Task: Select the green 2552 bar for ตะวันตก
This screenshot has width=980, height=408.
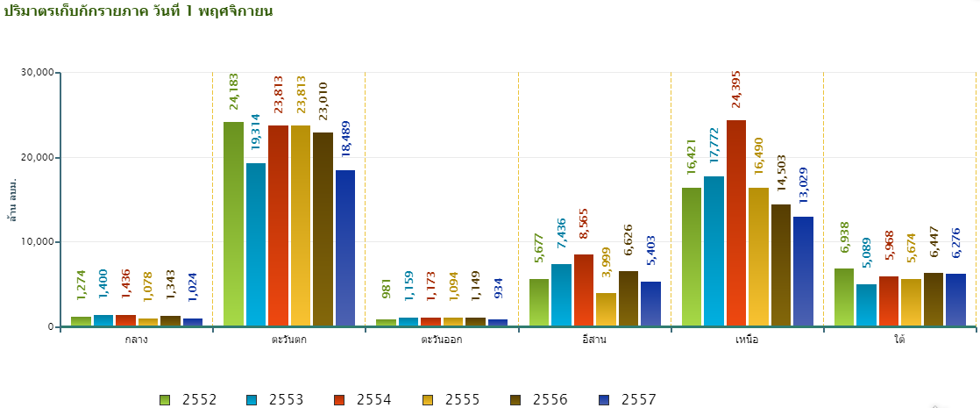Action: (234, 224)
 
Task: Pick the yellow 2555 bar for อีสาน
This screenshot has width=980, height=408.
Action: (606, 310)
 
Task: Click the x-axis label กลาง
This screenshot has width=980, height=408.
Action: (136, 340)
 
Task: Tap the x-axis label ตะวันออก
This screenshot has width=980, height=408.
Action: (441, 340)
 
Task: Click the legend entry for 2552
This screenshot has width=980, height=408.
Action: (189, 400)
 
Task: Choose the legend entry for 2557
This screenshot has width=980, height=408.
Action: (628, 400)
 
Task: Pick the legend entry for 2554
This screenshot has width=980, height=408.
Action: (365, 400)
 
